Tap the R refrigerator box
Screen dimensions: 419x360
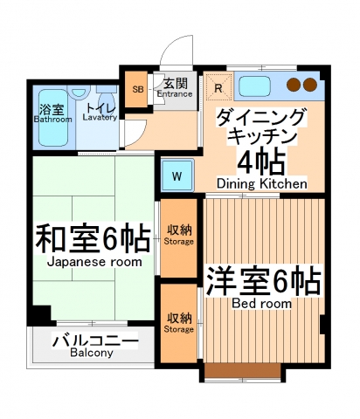click(218, 86)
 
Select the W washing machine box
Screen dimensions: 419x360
click(176, 175)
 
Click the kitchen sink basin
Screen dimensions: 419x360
click(254, 86)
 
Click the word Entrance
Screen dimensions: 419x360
click(175, 94)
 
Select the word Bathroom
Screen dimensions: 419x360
click(52, 120)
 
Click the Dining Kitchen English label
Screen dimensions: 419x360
click(261, 184)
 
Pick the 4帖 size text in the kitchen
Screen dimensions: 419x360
click(261, 161)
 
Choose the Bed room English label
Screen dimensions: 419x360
click(261, 304)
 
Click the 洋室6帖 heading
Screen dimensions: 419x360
click(261, 281)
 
